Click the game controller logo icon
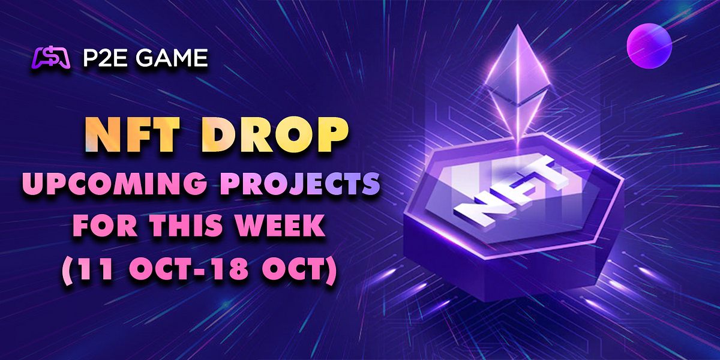[x=53, y=58]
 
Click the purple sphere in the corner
[x=649, y=46]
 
